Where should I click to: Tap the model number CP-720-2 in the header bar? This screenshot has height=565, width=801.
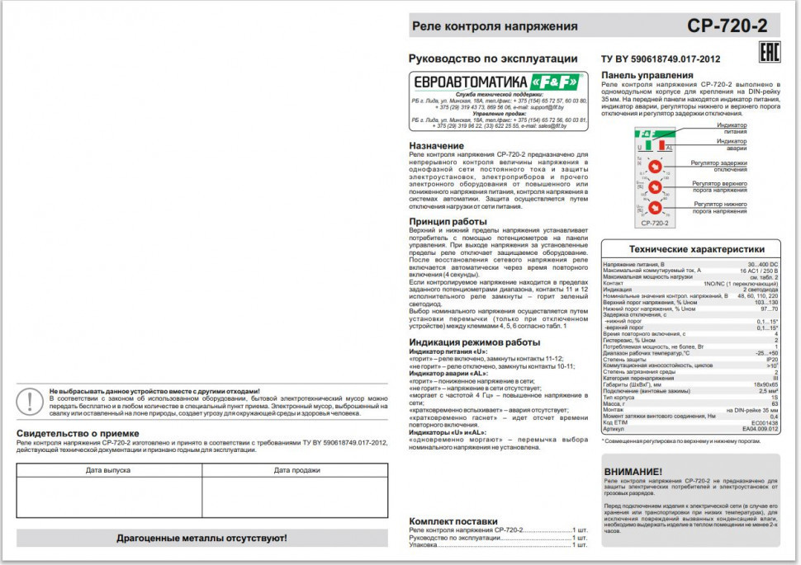click(x=727, y=26)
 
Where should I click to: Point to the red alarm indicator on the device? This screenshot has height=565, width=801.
click(x=659, y=145)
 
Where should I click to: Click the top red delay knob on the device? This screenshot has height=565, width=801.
click(x=653, y=167)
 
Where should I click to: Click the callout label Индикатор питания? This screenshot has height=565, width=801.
click(x=731, y=128)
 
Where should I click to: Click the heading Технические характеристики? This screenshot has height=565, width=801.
click(x=696, y=249)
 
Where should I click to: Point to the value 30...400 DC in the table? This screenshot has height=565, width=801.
click(x=762, y=264)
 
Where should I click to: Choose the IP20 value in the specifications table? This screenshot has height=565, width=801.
click(x=771, y=360)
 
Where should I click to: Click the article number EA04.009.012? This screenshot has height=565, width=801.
click(x=760, y=429)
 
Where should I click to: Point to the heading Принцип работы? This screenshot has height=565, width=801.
click(x=448, y=222)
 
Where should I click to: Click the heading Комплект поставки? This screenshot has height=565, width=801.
click(x=453, y=521)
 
